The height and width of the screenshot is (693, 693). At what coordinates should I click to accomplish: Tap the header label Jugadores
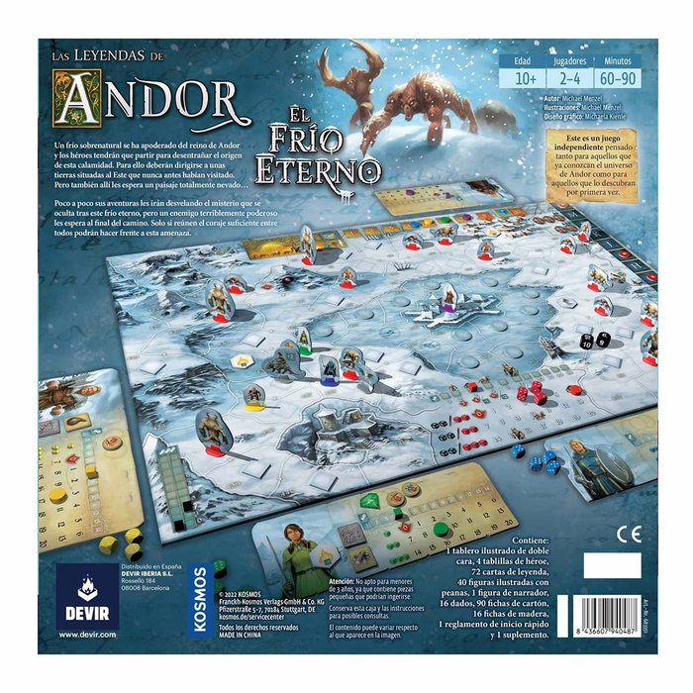coord(566,59)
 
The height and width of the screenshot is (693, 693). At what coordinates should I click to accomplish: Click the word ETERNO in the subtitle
coord(316,169)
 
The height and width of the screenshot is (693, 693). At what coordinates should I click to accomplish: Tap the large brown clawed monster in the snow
coord(421,109)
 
